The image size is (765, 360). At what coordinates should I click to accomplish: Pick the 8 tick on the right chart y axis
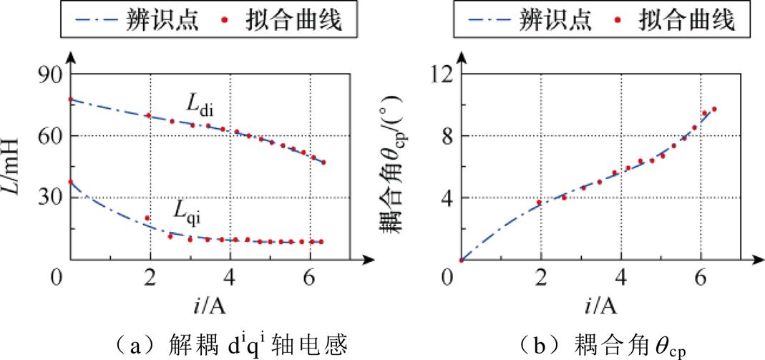[447, 135]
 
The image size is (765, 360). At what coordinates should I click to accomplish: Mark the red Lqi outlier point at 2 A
[147, 218]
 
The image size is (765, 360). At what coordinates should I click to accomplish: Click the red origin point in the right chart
[461, 260]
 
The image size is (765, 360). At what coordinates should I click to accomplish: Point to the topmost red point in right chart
[713, 109]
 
